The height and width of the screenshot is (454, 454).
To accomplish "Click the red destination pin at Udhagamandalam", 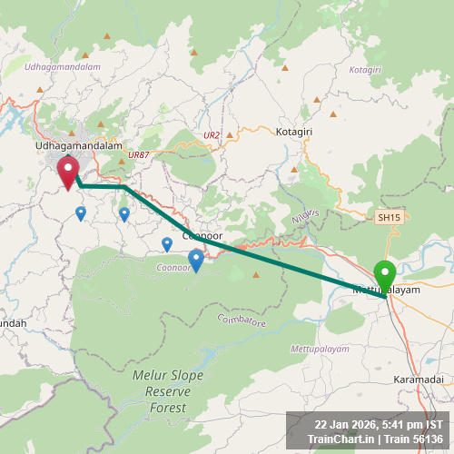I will coord(68,172).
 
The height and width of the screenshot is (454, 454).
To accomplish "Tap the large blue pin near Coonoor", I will coord(195,261).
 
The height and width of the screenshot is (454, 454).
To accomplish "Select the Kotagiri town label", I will coord(293,132).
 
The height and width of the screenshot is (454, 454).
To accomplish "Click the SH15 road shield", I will coord(389,217).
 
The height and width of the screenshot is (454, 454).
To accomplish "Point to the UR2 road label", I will coord(212,135).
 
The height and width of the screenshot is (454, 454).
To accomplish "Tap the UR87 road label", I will coord(138,155).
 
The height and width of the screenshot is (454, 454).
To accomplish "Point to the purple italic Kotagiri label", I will coord(365,70).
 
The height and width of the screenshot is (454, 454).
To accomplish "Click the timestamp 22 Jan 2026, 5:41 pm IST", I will coord(379,424).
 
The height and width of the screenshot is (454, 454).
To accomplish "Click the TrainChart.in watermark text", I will coord(340,439).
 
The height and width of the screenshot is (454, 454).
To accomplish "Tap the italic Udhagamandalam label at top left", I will coord(63,67).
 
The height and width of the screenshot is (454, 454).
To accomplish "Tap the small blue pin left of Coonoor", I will coord(167,243).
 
